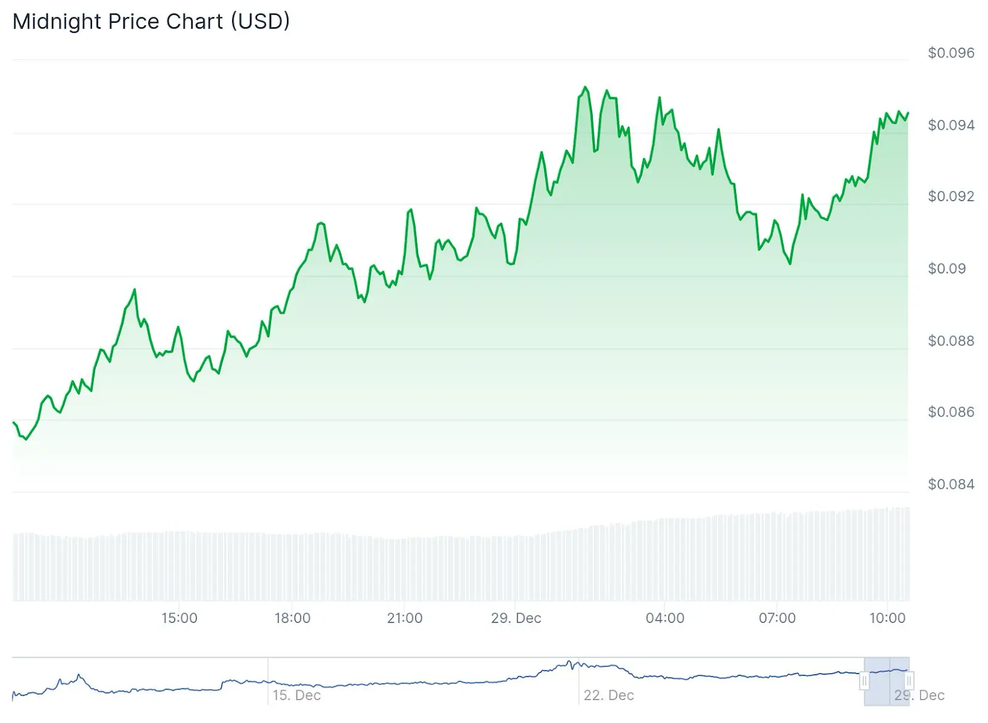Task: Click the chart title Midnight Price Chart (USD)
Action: click(151, 22)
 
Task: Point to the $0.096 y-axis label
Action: click(951, 53)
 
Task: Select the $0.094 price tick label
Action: click(951, 125)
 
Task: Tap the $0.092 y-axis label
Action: click(951, 196)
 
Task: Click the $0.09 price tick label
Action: click(947, 269)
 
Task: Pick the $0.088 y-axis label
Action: click(951, 341)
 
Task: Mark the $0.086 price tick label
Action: click(951, 412)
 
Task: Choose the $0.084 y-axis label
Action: click(951, 484)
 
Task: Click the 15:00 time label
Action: click(180, 618)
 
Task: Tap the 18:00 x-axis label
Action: click(293, 618)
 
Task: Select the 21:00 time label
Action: click(405, 618)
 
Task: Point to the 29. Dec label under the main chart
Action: click(516, 618)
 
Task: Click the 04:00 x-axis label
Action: click(665, 618)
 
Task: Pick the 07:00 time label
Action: click(777, 618)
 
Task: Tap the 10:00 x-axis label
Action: click(887, 618)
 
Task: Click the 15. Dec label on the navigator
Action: click(297, 695)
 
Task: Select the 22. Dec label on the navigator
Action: click(609, 695)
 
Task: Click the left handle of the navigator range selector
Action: click(865, 681)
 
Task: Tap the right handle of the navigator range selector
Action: click(909, 681)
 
